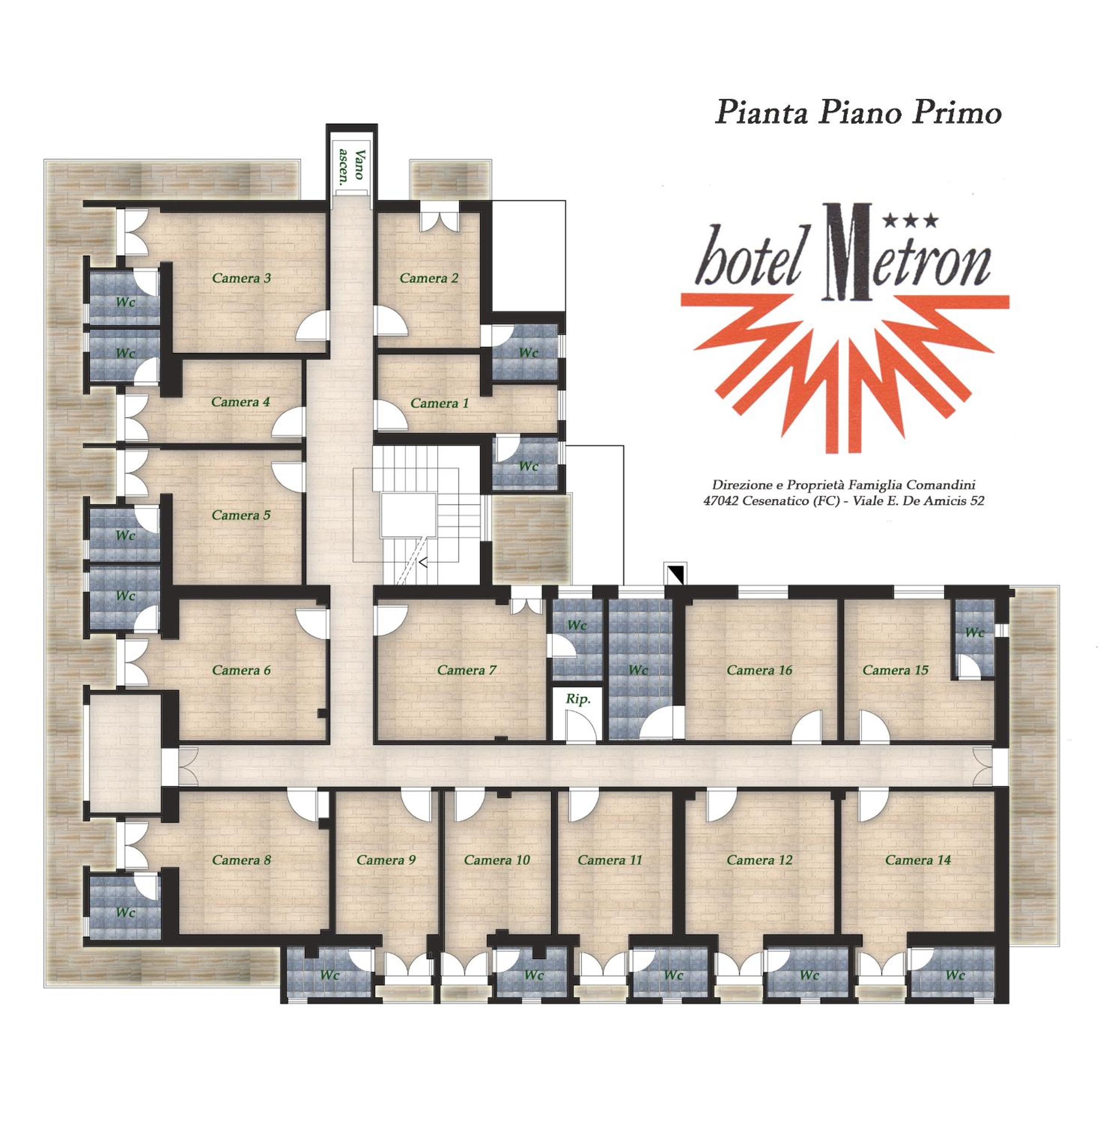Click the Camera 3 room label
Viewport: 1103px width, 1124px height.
(241, 278)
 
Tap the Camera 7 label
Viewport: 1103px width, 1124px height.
(467, 670)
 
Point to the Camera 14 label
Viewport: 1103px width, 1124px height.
(918, 860)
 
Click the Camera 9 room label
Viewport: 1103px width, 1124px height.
(386, 860)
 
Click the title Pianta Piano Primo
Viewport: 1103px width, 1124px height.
(858, 112)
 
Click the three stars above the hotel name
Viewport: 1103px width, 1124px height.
(910, 220)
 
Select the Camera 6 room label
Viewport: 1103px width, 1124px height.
(241, 670)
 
